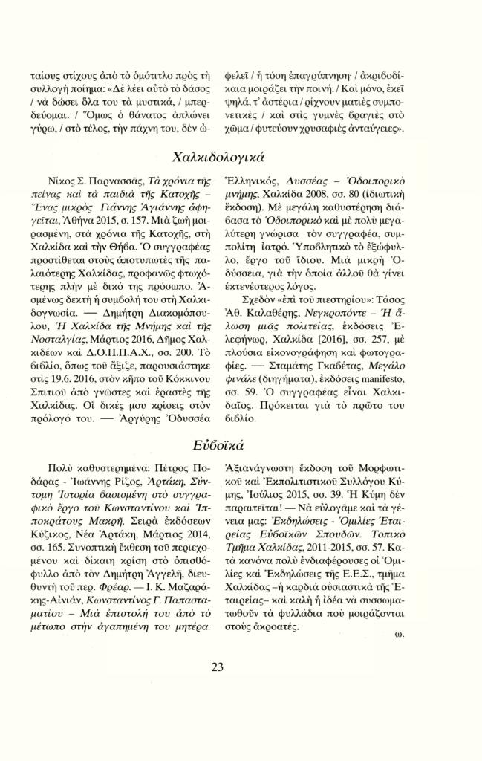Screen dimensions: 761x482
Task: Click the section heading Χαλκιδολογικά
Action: coord(218,158)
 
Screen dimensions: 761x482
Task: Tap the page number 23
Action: coord(217,667)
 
